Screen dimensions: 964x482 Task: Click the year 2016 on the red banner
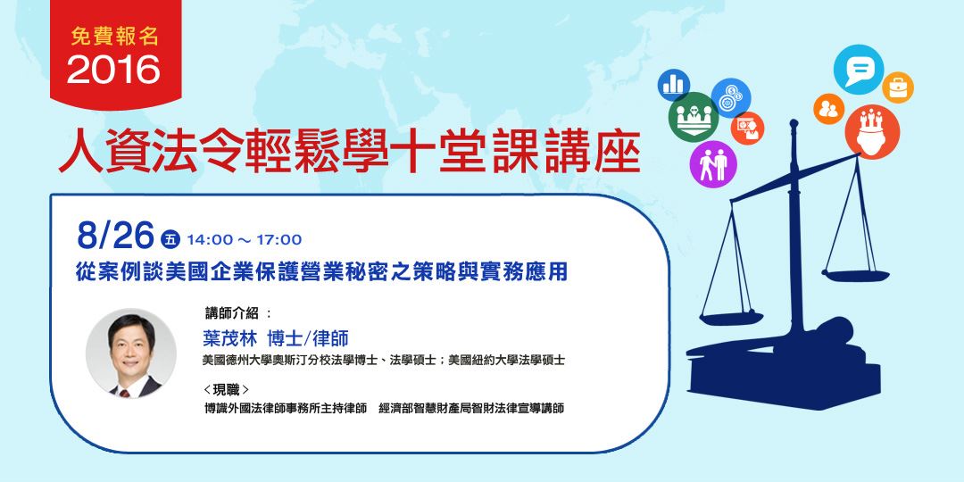pyautogui.click(x=113, y=70)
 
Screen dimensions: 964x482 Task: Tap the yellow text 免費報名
pyautogui.click(x=115, y=37)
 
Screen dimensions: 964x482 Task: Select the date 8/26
pyautogui.click(x=115, y=236)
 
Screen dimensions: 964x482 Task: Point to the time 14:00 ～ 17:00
pyautogui.click(x=244, y=240)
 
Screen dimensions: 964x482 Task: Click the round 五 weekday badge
pyautogui.click(x=170, y=239)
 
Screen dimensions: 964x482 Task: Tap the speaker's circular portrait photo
pyautogui.click(x=131, y=353)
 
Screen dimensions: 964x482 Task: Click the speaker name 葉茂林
pyautogui.click(x=230, y=339)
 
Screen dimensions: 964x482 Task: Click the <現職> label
pyautogui.click(x=226, y=389)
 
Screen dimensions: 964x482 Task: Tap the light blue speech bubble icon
pyautogui.click(x=859, y=70)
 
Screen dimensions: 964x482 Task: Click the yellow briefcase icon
pyautogui.click(x=898, y=87)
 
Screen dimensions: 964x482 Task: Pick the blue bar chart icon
pyautogui.click(x=673, y=85)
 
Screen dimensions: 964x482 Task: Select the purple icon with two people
pyautogui.click(x=713, y=164)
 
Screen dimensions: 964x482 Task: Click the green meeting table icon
pyautogui.click(x=694, y=117)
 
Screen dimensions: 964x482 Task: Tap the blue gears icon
pyautogui.click(x=731, y=98)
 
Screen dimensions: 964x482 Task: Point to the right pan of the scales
pyautogui.click(x=856, y=276)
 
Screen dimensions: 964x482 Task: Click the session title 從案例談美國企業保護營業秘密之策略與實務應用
pyautogui.click(x=321, y=272)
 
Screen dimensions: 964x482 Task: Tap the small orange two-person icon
pyautogui.click(x=828, y=109)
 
